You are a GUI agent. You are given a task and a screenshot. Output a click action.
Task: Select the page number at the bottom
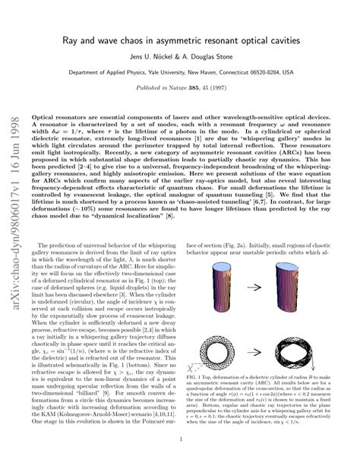coord(180,438)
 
